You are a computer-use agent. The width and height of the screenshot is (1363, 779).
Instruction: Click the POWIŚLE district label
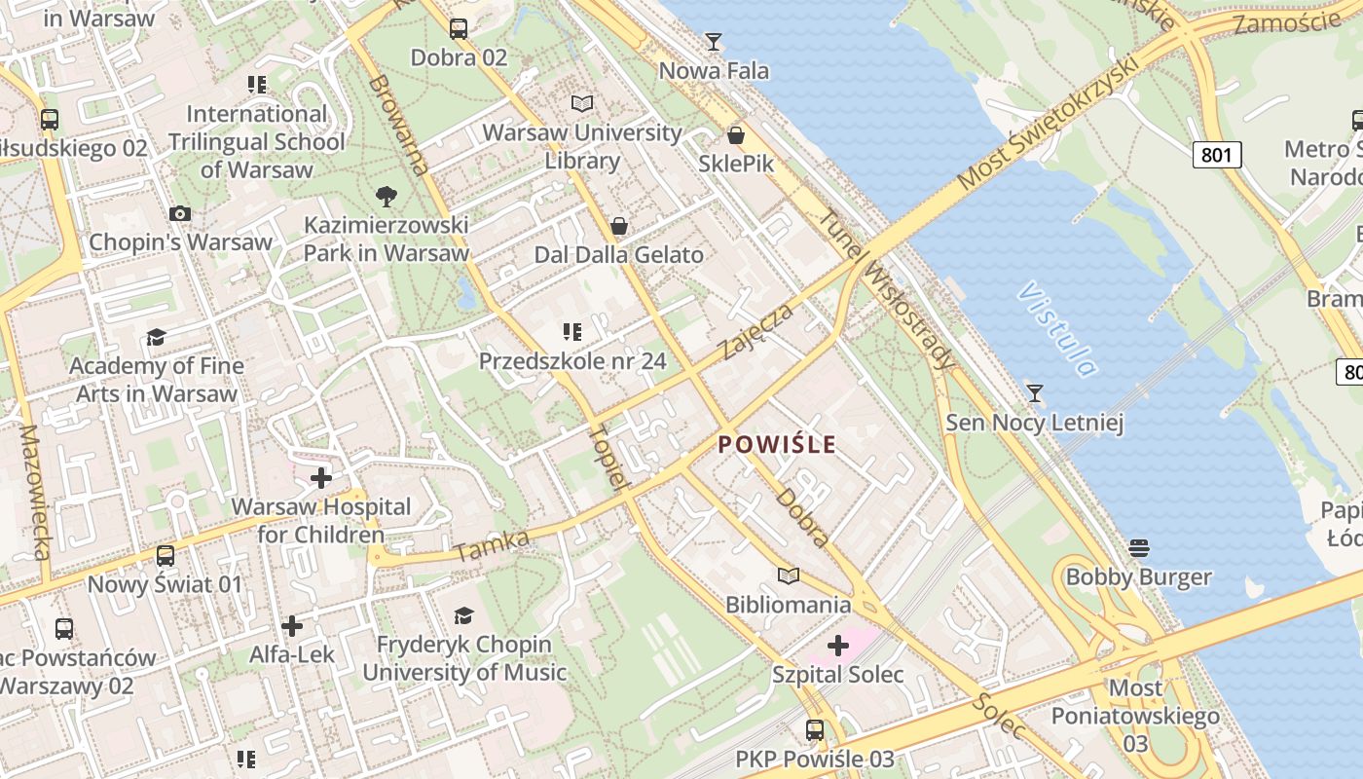(x=777, y=445)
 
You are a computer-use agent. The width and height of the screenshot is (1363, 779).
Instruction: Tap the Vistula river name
(x=1056, y=329)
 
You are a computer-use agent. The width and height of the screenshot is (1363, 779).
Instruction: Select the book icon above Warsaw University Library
(x=582, y=103)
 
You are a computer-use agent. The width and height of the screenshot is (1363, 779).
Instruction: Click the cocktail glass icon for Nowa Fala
(x=714, y=42)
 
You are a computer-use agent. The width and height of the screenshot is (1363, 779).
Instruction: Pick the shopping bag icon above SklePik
(x=736, y=135)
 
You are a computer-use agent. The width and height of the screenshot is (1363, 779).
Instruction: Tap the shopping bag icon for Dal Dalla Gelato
(x=618, y=227)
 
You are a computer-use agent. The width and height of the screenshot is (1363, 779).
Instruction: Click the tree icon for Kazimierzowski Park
(x=387, y=196)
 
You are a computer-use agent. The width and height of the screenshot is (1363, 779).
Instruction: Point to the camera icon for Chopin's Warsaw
(x=180, y=213)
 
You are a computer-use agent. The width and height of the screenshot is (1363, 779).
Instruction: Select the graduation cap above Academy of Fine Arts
(x=156, y=338)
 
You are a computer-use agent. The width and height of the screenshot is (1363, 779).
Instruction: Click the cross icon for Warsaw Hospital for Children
(x=321, y=478)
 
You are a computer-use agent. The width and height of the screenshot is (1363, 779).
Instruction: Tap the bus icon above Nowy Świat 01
(x=166, y=556)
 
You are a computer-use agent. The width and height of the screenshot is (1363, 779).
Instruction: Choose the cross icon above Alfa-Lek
(x=292, y=626)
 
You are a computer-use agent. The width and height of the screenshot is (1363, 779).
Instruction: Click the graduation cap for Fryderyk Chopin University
(x=463, y=615)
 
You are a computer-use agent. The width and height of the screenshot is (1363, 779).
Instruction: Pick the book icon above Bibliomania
(x=789, y=576)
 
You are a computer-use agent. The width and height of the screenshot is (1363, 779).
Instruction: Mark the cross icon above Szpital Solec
(x=838, y=646)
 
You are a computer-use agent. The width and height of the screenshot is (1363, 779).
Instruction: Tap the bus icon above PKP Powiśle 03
(x=815, y=729)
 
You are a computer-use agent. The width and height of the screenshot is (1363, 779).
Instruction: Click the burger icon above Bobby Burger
(x=1139, y=548)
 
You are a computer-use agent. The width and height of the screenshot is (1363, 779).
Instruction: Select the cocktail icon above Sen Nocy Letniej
(x=1035, y=393)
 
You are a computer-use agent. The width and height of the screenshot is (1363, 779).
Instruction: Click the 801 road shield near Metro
(x=1217, y=154)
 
